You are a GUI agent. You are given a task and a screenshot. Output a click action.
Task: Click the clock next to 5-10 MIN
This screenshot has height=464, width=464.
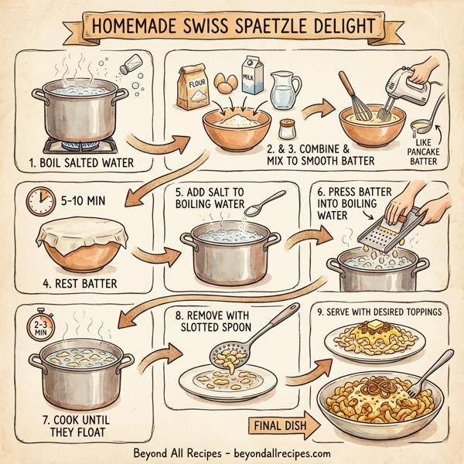tap(39, 201)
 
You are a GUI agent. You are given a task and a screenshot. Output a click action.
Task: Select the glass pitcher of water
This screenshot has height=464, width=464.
tap(285, 89)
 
